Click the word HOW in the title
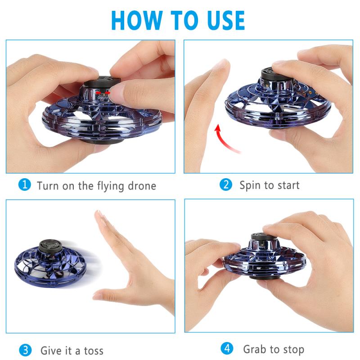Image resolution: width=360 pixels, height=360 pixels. click(x=135, y=20)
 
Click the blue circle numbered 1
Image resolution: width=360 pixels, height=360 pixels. click(x=25, y=185)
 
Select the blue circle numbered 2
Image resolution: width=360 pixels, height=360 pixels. click(x=226, y=184)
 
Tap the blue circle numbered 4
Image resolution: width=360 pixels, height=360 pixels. click(x=227, y=348)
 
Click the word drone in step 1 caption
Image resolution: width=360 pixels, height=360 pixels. click(x=139, y=185)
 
